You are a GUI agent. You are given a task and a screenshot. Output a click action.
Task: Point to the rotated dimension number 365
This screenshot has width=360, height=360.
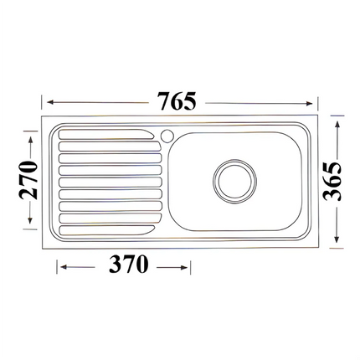click(x=332, y=179)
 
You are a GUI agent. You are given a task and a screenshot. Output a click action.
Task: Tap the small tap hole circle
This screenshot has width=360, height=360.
click(x=166, y=134)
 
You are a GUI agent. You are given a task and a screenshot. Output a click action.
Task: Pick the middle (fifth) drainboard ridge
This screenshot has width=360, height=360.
click(x=105, y=181)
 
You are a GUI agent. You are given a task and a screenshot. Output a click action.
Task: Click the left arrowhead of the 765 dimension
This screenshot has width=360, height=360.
click(x=47, y=101)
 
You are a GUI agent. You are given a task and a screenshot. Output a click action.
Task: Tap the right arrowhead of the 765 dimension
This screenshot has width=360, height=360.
click(x=319, y=101)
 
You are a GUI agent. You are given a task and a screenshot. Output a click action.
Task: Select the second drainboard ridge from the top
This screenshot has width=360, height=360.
click(x=105, y=147)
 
